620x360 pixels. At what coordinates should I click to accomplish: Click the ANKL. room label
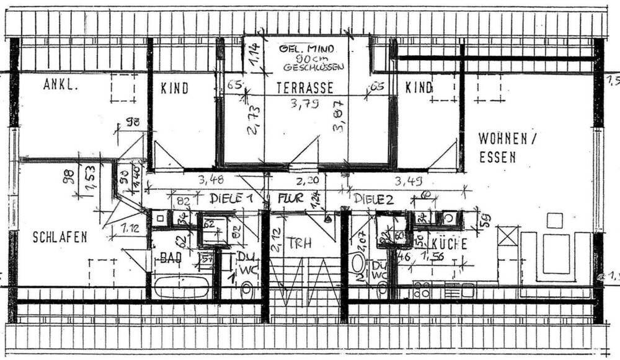(x=61, y=87)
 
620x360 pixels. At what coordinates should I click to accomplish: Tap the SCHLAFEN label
(x=60, y=236)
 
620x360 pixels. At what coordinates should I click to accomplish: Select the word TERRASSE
(x=305, y=88)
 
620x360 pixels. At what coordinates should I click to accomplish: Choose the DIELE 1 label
(x=231, y=199)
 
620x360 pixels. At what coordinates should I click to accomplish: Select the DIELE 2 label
(x=374, y=199)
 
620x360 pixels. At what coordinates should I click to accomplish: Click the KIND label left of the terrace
(x=174, y=89)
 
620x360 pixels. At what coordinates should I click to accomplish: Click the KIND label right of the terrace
(x=418, y=88)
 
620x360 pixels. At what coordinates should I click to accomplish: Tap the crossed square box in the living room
(x=508, y=236)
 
